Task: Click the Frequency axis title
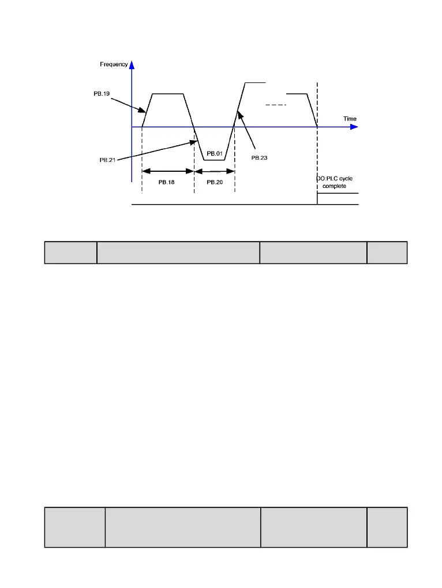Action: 114,65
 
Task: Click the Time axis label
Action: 350,119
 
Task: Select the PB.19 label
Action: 102,93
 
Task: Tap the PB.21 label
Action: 107,160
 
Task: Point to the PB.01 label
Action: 215,153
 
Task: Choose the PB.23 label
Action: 260,157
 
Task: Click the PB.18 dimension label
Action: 167,182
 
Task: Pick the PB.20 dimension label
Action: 215,182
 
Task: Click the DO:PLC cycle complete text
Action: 334,183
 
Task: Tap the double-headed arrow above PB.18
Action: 168,171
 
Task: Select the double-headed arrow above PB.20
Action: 215,171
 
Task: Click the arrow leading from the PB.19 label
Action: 127,104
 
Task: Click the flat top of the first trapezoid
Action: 167,93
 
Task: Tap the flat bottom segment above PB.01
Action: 215,160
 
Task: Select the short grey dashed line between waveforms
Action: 276,105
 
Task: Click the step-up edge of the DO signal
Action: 317,199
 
